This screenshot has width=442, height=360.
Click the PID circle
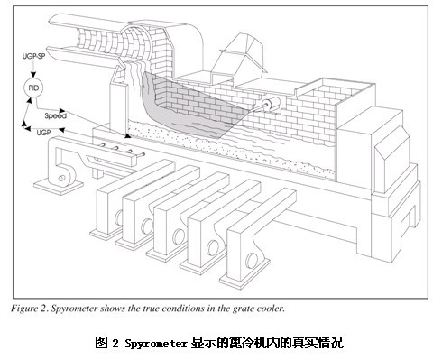tap(33, 88)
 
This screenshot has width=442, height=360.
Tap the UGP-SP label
tap(33, 56)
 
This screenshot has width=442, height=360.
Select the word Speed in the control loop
tap(55, 115)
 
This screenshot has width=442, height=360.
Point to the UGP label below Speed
tap(43, 133)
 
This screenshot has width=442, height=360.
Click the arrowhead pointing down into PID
tap(33, 75)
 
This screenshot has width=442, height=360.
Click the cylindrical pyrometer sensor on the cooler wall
tap(271, 105)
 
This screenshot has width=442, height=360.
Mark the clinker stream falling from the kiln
tap(134, 75)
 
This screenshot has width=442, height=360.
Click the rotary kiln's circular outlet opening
tap(134, 42)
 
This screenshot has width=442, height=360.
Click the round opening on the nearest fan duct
tap(252, 261)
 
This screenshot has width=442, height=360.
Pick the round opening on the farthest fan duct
tap(119, 217)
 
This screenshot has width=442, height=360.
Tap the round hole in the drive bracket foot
tap(61, 178)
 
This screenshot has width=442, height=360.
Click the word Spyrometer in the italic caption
tap(74, 309)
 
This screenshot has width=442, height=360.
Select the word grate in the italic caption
tap(242, 309)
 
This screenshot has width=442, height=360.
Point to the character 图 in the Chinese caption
tap(101, 343)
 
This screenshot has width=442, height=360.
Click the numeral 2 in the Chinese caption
tap(115, 343)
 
